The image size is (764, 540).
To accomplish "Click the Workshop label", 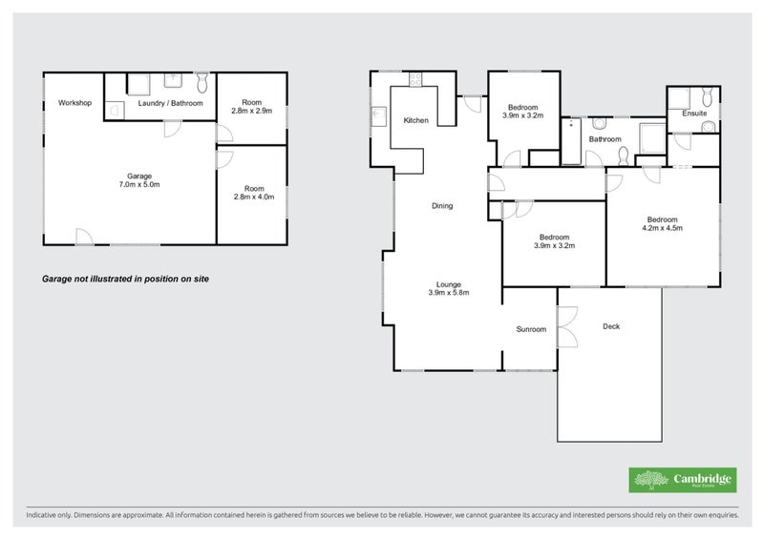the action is click(74, 103).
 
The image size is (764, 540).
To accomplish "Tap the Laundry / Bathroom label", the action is click(170, 103).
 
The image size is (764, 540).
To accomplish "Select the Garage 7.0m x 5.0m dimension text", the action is click(139, 180).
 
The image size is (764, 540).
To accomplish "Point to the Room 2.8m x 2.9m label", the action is click(251, 107).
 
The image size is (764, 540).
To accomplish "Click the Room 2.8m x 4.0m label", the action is click(254, 193).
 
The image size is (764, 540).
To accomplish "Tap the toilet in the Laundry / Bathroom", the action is click(202, 82).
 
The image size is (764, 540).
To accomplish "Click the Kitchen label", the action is click(416, 120).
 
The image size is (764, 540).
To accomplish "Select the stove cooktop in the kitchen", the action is click(415, 79).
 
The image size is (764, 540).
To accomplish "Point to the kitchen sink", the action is click(378, 116).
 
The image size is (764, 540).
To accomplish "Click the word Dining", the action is click(442, 206).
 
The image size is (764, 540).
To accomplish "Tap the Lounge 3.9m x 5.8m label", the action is click(449, 288).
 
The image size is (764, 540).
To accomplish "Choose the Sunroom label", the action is click(531, 329).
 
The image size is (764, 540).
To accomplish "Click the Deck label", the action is click(611, 326).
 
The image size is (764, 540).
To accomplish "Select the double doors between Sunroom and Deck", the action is click(567, 326).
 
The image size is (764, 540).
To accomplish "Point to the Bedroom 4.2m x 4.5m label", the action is click(662, 223).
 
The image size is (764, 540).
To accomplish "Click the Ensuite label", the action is click(694, 114).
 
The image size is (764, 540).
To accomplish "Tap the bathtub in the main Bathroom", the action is click(571, 141).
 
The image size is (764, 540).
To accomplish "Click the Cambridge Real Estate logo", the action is click(683, 480).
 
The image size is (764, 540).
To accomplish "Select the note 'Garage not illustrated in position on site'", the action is click(125, 279).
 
